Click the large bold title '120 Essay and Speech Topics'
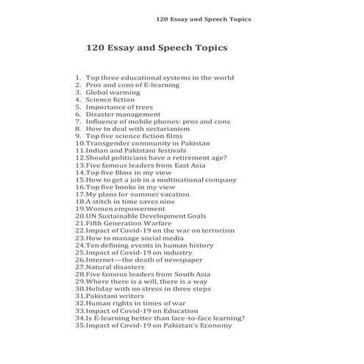[157, 48]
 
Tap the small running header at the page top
[209, 18]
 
